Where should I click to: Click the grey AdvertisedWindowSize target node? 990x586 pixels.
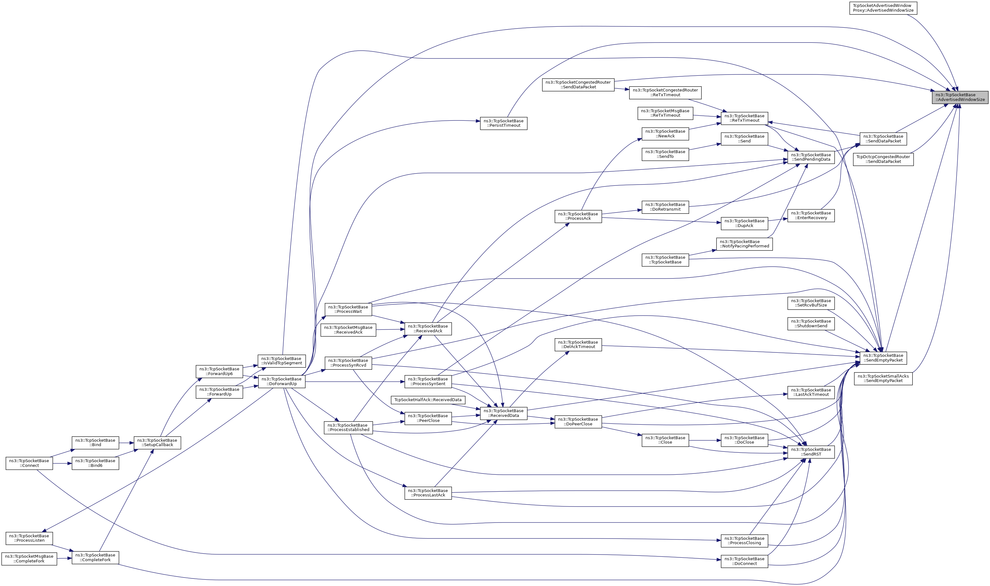[960, 97]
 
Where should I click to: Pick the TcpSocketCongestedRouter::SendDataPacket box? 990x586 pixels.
[578, 85]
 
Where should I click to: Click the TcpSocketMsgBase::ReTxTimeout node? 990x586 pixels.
[665, 113]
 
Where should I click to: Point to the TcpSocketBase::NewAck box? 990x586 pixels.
[665, 134]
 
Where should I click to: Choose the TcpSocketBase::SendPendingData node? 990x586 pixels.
[811, 157]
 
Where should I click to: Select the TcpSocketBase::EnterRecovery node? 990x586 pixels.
[811, 215]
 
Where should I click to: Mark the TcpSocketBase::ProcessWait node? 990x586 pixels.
[348, 309]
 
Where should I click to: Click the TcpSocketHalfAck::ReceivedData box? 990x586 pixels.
[428, 400]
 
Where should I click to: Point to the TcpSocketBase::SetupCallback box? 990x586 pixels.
[157, 442]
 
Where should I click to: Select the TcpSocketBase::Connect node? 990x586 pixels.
[29, 463]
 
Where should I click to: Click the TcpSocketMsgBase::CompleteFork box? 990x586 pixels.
[29, 559]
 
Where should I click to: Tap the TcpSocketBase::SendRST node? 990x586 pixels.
[811, 452]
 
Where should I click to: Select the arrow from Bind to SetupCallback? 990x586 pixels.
[126, 443]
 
